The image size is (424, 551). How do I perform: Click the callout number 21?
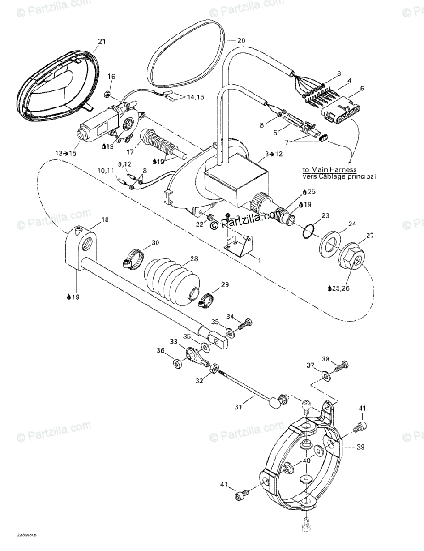[x=102, y=42]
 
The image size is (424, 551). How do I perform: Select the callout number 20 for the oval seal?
[x=241, y=40]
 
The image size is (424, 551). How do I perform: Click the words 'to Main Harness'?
[x=329, y=169]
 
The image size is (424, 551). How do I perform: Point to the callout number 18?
[x=105, y=220]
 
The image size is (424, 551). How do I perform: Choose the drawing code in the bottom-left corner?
[x=28, y=535]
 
